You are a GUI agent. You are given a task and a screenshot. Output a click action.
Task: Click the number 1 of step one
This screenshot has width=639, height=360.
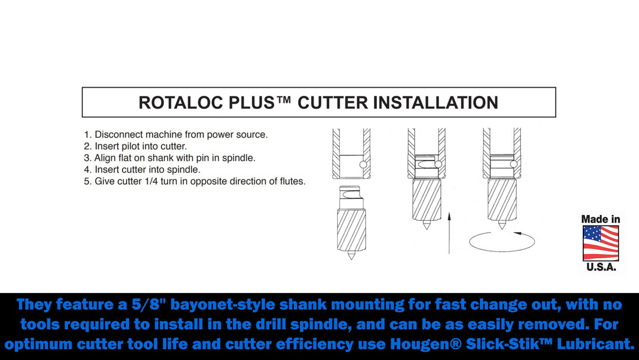[86, 134]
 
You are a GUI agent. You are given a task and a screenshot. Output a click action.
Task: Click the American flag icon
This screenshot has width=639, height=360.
[601, 243]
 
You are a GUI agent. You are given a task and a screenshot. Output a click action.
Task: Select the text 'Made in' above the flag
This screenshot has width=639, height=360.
[601, 219]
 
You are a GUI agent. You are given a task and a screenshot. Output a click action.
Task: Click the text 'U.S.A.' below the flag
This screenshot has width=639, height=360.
[601, 267]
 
